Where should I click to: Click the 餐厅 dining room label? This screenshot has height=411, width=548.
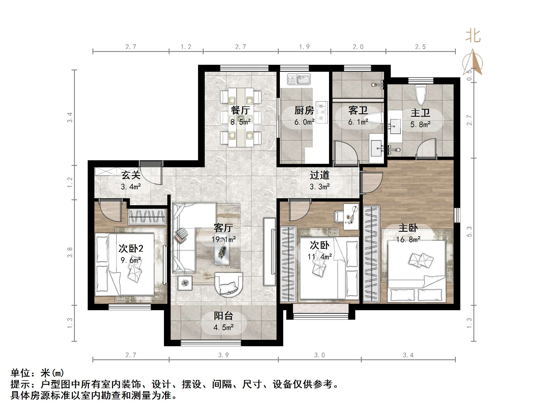[x=240, y=110]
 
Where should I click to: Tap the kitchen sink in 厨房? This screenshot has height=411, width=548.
[x=299, y=79]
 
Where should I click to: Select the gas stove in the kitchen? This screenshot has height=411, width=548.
[x=322, y=112]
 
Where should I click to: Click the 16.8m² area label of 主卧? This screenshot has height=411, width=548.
[x=408, y=240]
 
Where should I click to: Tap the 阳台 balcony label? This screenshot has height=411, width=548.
[x=223, y=316]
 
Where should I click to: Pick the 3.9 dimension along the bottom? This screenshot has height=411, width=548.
[x=223, y=355]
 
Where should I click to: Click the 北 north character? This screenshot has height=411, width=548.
[x=473, y=36]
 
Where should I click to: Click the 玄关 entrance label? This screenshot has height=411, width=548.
[x=131, y=175]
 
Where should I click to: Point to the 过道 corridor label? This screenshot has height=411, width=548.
[x=320, y=175]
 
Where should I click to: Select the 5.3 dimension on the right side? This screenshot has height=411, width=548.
[x=469, y=231]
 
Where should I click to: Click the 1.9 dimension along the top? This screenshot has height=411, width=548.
[x=304, y=47]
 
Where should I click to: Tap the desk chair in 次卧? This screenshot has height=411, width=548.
[x=339, y=216]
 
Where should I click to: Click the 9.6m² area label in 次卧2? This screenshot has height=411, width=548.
[x=131, y=260]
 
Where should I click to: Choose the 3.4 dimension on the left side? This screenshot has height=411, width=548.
[x=70, y=117]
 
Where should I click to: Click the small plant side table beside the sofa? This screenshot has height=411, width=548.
[x=185, y=283]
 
